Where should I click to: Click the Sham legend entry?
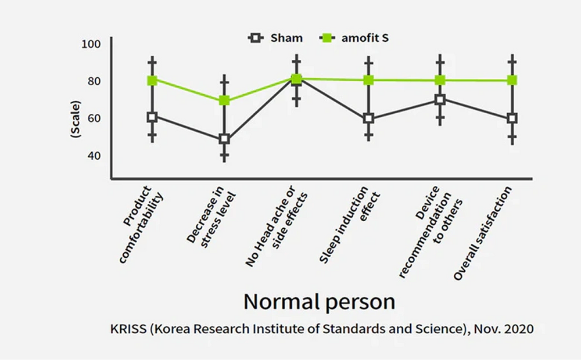(276, 38)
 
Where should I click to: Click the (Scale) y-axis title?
(76, 119)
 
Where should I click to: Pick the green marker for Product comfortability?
(152, 80)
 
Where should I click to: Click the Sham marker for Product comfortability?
(152, 117)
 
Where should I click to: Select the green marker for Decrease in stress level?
(224, 101)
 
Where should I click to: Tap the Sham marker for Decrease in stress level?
(224, 139)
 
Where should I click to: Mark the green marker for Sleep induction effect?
(368, 80)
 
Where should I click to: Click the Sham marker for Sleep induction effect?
(368, 119)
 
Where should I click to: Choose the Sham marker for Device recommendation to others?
(440, 99)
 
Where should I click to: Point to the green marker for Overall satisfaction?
(512, 80)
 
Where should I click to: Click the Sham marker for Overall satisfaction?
(512, 118)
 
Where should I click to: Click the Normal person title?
(319, 302)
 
